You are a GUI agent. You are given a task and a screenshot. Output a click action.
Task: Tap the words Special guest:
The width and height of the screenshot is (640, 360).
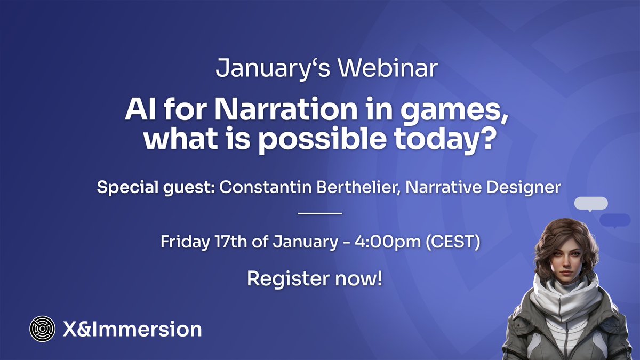[x=155, y=188]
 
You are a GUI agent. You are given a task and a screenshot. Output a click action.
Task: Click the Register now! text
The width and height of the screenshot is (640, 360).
[x=315, y=278]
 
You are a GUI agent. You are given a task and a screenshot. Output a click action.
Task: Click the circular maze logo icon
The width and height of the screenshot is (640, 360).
[x=42, y=329]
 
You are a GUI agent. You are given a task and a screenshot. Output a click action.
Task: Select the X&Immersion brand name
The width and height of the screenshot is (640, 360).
[x=131, y=329]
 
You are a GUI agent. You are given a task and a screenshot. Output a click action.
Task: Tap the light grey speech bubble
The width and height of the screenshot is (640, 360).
[x=591, y=203]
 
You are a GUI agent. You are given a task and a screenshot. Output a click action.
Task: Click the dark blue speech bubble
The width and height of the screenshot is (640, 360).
[x=615, y=220]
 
